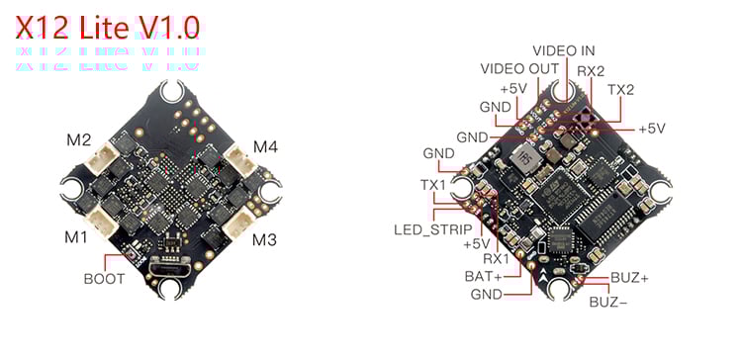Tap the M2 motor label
pyautogui.click(x=79, y=139)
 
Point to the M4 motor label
pyautogui.click(x=265, y=147)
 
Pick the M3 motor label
pyautogui.click(x=263, y=239)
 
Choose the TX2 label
pyautogui.click(x=620, y=89)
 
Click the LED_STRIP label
pyautogui.click(x=425, y=229)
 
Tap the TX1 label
pyautogui.click(x=432, y=186)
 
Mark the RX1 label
pyautogui.click(x=483, y=259)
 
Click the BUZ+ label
pyautogui.click(x=629, y=279)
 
